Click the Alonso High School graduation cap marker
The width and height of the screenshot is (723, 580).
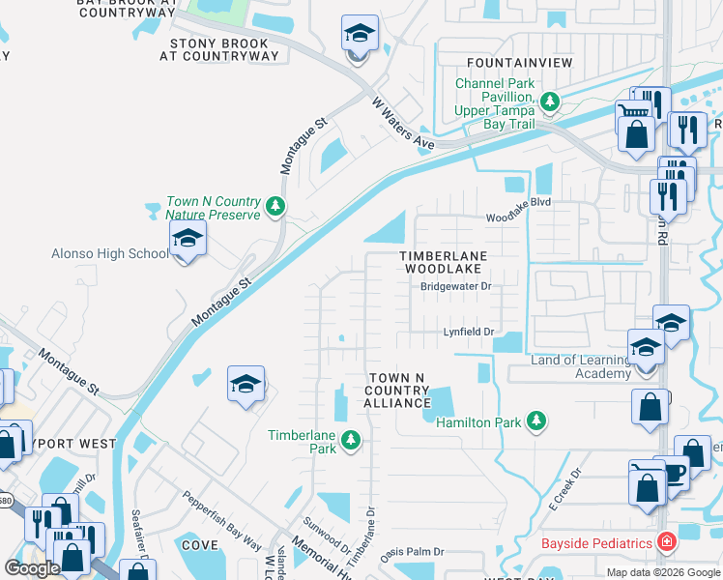pyautogui.click(x=188, y=239)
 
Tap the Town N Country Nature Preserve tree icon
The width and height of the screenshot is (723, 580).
pyautogui.click(x=275, y=206)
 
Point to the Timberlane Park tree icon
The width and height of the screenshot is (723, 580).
pyautogui.click(x=351, y=441)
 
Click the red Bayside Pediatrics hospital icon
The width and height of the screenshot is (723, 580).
pyautogui.click(x=664, y=543)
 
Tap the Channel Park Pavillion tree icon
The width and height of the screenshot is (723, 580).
pyautogui.click(x=550, y=101)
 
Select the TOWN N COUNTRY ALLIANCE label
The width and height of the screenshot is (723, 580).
pyautogui.click(x=396, y=390)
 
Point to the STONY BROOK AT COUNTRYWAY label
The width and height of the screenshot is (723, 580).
pyautogui.click(x=224, y=49)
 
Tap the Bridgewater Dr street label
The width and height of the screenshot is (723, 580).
pyautogui.click(x=455, y=286)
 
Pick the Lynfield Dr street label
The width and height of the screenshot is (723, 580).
pyautogui.click(x=469, y=332)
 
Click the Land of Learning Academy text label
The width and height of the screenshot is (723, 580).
pyautogui.click(x=580, y=366)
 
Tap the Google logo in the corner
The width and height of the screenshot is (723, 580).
pyautogui.click(x=32, y=568)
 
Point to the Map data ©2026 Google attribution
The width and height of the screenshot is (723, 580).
pyautogui.click(x=662, y=572)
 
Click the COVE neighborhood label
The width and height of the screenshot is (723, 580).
pyautogui.click(x=200, y=545)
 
